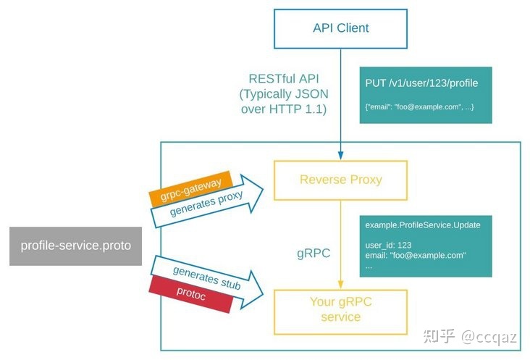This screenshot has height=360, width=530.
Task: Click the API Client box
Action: click(x=340, y=29)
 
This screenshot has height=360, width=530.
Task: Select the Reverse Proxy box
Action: click(x=340, y=179)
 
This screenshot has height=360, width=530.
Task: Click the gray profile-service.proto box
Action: click(x=76, y=246)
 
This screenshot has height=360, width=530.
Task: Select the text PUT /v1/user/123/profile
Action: click(x=421, y=83)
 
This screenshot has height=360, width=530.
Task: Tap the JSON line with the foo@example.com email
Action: click(x=419, y=106)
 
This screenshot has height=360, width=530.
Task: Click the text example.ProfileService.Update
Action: click(x=423, y=225)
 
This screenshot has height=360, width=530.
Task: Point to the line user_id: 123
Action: click(x=388, y=246)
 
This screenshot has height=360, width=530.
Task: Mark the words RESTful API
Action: click(x=283, y=79)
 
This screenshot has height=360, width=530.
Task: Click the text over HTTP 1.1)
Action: click(x=284, y=109)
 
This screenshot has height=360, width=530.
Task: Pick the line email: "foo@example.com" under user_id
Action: click(x=416, y=256)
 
